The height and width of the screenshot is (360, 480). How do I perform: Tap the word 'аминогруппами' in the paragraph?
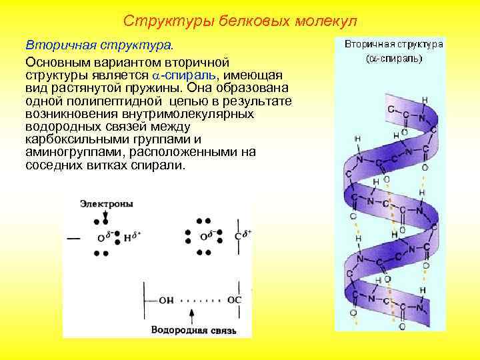pos(67,152)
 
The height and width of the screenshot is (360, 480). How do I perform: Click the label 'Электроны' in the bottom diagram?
pos(106,203)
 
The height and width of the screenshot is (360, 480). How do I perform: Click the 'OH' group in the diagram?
pos(167,301)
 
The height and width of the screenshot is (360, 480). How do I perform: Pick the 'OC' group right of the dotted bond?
pos(235,301)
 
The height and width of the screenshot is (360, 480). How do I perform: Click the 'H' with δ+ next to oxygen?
pos(128,237)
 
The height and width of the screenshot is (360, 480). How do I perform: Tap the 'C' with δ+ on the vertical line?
pos(237,237)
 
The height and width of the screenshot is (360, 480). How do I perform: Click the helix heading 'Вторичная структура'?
pos(394,45)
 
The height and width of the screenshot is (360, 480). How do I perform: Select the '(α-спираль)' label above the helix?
pos(394,58)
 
